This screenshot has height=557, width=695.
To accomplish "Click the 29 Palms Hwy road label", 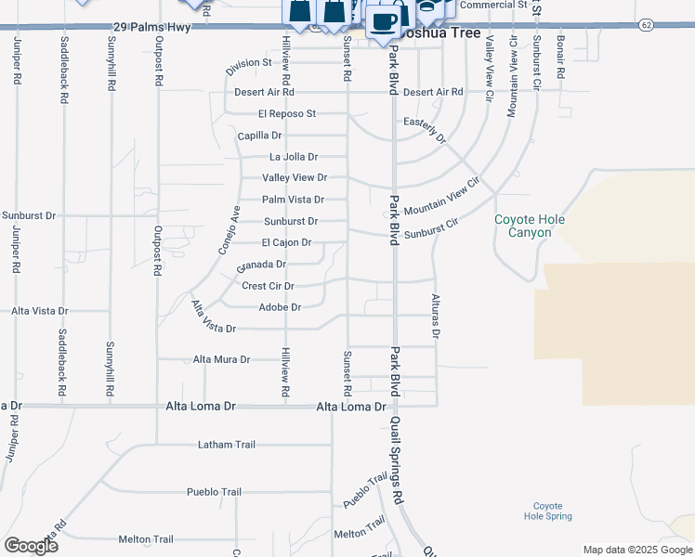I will click(151, 28).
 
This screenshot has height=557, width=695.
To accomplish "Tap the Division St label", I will click(249, 64).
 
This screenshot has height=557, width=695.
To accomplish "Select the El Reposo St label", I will click(287, 114).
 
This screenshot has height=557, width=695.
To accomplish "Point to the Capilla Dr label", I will click(259, 136).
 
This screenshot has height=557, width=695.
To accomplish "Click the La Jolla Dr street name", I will click(294, 158).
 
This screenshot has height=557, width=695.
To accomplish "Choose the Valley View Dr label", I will click(295, 177).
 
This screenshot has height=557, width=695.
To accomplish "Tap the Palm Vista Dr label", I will click(293, 200).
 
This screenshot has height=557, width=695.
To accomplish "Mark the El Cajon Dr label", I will click(286, 243).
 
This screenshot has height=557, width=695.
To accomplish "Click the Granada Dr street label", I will click(261, 266).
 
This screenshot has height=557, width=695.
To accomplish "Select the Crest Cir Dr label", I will click(268, 287).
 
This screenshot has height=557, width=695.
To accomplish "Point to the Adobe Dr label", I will click(280, 307).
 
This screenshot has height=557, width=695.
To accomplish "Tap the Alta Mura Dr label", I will click(221, 359).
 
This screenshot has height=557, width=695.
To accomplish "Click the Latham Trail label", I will click(227, 445).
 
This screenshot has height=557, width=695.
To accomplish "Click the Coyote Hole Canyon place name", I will click(529, 226).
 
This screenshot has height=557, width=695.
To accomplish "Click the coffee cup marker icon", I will click(383, 20).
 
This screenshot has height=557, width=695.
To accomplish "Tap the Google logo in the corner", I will click(31, 546).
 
